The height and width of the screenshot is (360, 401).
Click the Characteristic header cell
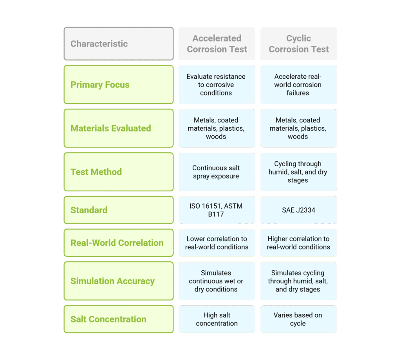pos(119,44)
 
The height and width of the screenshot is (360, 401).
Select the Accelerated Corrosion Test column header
pos(217,44)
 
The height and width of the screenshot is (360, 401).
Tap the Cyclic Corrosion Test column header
pos(298,44)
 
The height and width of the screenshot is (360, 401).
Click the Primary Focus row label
pos(119,85)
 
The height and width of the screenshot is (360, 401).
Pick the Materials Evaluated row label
pos(119,128)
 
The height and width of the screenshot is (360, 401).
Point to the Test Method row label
pos(119,172)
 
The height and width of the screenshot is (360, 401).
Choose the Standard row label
pos(119,210)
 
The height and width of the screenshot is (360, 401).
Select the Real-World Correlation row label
pos(119,243)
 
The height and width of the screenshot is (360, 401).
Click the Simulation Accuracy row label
pos(119,281)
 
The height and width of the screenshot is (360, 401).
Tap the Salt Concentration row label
pos(119,319)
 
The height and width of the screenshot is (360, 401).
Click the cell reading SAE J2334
pos(298,210)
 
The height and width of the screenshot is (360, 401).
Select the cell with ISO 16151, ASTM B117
pos(217,210)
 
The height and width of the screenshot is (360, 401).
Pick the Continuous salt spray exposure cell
pos(217,172)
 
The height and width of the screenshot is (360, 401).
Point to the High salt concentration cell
pos(217,319)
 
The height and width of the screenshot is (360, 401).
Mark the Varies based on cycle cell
pos(298,319)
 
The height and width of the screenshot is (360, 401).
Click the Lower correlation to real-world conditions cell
pos(217,243)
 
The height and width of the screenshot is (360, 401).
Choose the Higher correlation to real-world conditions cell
pos(298,243)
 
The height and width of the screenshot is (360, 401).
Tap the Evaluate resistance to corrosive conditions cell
pos(217,85)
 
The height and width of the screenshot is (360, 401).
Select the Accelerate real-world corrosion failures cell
pos(298,85)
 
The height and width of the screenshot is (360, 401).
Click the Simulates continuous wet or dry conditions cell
pos(217,281)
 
